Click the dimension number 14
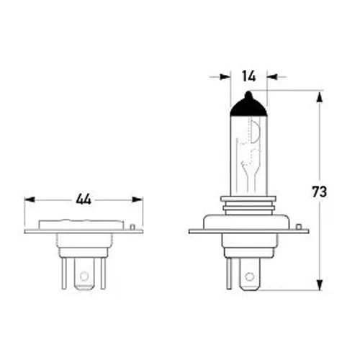[249, 76]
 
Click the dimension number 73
[320, 192]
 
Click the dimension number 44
[84, 199]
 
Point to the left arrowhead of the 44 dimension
[30, 199]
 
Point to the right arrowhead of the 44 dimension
[138, 199]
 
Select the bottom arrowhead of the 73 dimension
[320, 285]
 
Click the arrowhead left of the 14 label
[225, 77]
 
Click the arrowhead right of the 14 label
[272, 77]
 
